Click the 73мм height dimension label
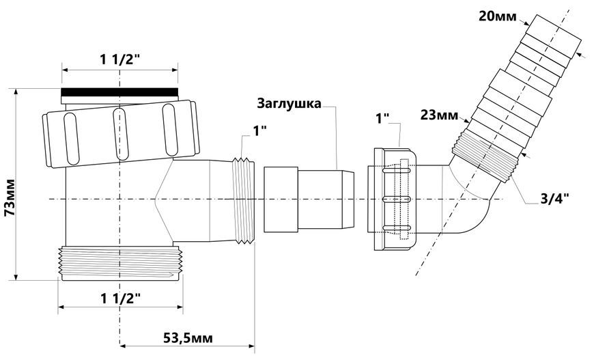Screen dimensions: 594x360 pyautogui.click(x=10, y=197)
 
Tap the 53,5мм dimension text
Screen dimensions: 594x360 pyautogui.click(x=188, y=337)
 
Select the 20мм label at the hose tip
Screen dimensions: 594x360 pyautogui.click(x=498, y=16)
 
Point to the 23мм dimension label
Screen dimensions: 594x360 pyautogui.click(x=439, y=115)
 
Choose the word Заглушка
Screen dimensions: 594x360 pyautogui.click(x=289, y=103)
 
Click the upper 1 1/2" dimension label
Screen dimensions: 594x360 pyautogui.click(x=119, y=60)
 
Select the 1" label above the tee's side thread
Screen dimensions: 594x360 pyautogui.click(x=260, y=130)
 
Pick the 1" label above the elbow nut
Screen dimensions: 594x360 pyautogui.click(x=382, y=119)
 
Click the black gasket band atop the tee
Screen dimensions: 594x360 pyautogui.click(x=119, y=92)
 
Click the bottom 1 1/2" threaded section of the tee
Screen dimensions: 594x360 pyautogui.click(x=120, y=264)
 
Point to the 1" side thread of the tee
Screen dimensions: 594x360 pyautogui.click(x=243, y=200)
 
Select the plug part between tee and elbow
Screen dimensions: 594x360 pyautogui.click(x=309, y=199)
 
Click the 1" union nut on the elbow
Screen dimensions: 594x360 pyautogui.click(x=393, y=199)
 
